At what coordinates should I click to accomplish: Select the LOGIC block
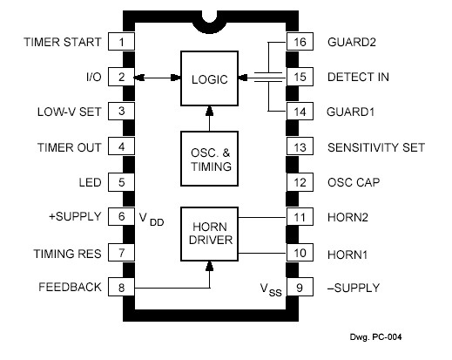(x=209, y=78)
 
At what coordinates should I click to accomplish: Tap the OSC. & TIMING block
(x=209, y=159)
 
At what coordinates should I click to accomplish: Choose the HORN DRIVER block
(x=209, y=234)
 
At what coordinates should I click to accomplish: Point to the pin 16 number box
(x=300, y=42)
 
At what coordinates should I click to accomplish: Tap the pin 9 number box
(x=300, y=287)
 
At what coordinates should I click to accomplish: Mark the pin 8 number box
(x=121, y=287)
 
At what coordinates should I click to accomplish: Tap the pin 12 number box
(x=300, y=182)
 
